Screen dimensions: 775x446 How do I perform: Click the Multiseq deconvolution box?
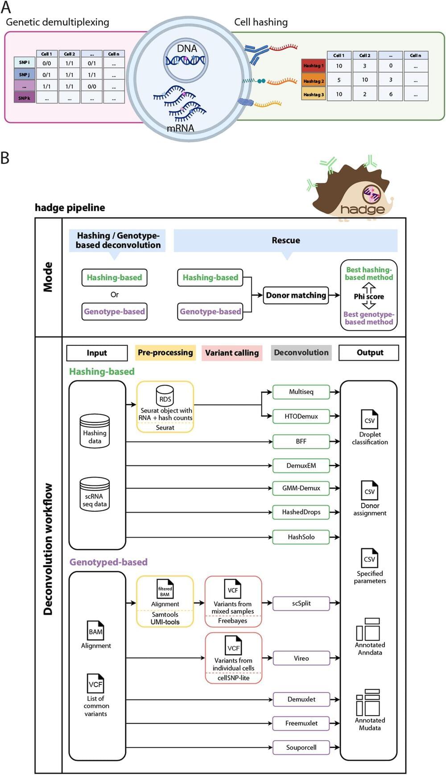click(301, 392)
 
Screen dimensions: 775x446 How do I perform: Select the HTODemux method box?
click(301, 416)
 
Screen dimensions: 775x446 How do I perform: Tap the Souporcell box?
click(301, 747)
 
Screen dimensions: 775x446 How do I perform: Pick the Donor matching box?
click(296, 295)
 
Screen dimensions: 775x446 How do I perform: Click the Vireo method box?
click(301, 658)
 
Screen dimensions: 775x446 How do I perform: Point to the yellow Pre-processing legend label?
click(165, 352)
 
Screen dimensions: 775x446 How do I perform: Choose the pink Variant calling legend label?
click(232, 352)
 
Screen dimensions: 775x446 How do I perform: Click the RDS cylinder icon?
click(165, 395)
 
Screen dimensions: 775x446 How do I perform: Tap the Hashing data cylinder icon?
click(95, 431)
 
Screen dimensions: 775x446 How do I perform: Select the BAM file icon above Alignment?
click(95, 630)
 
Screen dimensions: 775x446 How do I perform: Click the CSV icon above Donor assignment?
click(370, 490)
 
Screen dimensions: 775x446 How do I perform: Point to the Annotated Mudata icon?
click(368, 702)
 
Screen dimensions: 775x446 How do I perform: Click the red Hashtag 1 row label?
click(314, 66)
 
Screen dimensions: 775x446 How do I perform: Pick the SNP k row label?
click(24, 98)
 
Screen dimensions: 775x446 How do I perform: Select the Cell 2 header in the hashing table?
click(364, 55)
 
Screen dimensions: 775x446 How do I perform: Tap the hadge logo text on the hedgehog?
click(362, 209)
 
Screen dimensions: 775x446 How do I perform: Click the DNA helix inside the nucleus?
click(186, 60)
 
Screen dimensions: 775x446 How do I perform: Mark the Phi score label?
click(369, 296)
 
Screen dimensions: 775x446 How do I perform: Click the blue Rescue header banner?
click(285, 240)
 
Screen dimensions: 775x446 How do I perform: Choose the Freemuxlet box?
click(301, 723)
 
